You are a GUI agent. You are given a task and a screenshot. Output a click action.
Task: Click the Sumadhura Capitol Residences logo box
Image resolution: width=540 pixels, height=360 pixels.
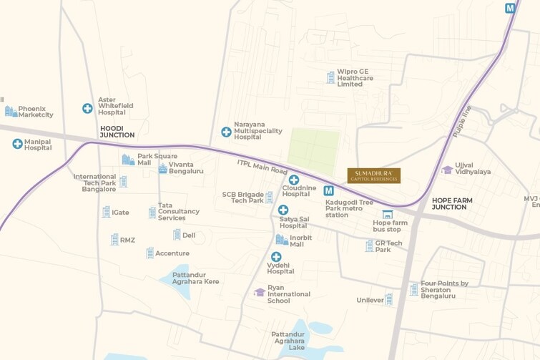pyautogui.click(x=373, y=175)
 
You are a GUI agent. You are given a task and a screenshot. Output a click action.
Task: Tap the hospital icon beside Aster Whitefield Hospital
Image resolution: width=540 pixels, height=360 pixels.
pyautogui.click(x=87, y=109)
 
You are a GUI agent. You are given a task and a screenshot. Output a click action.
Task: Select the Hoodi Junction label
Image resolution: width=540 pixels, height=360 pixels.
pyautogui.click(x=117, y=131)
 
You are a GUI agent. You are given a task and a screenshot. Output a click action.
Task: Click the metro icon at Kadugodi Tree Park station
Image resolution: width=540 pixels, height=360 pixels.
pyautogui.click(x=328, y=191)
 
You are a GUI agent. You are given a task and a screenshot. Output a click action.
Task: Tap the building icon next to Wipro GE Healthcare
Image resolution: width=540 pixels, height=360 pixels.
pyautogui.click(x=330, y=77)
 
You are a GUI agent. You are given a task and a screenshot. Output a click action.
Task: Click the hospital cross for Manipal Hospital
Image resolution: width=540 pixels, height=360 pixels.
pyautogui.click(x=17, y=144)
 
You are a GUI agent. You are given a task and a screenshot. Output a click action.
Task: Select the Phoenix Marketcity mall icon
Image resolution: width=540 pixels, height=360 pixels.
pyautogui.click(x=11, y=111)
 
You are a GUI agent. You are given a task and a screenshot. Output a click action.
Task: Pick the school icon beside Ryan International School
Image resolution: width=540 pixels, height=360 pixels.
pyautogui.click(x=260, y=292)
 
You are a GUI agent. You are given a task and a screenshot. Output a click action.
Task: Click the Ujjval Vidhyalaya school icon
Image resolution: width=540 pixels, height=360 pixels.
pyautogui.click(x=448, y=170)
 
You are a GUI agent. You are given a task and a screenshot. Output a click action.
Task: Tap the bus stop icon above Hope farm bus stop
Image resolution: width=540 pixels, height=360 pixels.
pyautogui.click(x=388, y=214)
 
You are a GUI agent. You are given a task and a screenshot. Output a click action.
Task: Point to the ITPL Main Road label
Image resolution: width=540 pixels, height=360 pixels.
pyautogui.click(x=262, y=167)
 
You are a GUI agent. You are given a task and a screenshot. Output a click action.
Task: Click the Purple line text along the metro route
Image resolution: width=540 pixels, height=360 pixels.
pyautogui.click(x=462, y=121)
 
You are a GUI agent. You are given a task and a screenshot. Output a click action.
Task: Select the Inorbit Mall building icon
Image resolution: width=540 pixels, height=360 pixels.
pyautogui.click(x=281, y=240)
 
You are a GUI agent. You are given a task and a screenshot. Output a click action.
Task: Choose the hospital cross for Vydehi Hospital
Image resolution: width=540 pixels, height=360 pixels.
pyautogui.click(x=276, y=257)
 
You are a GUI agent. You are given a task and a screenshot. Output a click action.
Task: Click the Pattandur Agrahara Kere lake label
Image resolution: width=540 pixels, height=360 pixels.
pyautogui.click(x=195, y=278)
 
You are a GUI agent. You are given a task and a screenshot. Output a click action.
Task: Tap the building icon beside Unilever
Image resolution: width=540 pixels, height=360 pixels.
pyautogui.click(x=388, y=299)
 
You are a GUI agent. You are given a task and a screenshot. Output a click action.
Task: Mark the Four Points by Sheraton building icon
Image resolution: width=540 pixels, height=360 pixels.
pyautogui.click(x=413, y=289)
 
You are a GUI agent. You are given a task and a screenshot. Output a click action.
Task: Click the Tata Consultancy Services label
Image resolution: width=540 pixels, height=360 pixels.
pyautogui.click(x=178, y=211)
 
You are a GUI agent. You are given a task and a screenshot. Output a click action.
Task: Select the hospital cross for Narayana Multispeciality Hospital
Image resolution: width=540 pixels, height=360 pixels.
pyautogui.click(x=226, y=132)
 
